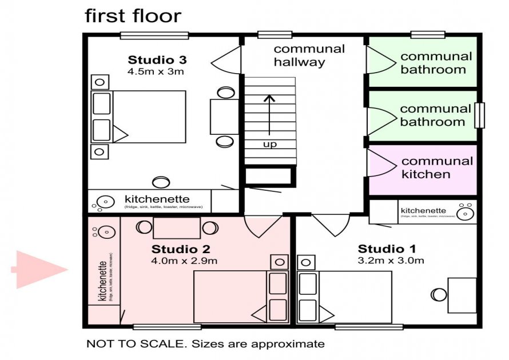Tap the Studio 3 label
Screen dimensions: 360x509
pos(157,60)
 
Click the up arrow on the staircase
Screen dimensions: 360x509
pos(269,114)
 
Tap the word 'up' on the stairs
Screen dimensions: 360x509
pos(269,144)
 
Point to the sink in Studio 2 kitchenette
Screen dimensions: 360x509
pos(105,232)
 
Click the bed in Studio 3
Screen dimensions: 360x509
pos(149,117)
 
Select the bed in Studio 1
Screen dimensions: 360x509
pos(355,297)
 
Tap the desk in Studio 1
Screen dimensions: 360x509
pos(462,295)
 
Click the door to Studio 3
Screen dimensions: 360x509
pos(226,57)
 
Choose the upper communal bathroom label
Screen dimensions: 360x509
pos(436,63)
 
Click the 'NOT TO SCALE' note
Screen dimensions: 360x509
pos(205,344)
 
